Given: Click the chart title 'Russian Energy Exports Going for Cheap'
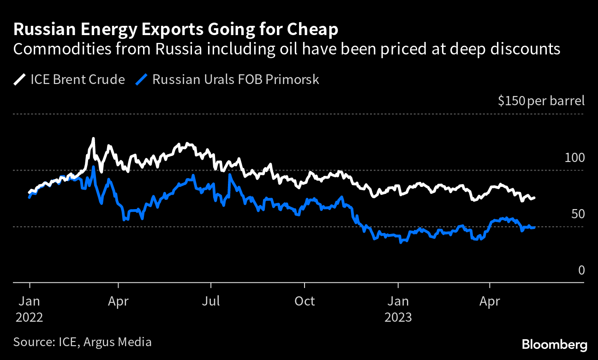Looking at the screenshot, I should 176,30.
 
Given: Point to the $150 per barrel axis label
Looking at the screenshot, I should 541,101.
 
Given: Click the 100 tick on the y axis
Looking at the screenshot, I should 574,158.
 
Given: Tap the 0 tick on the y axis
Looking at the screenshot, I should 581,270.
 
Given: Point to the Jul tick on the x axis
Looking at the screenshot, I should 211,301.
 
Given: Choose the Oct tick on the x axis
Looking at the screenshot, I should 305,301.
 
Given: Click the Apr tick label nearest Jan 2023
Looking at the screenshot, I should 490,301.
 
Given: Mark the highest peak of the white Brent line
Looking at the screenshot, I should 94,138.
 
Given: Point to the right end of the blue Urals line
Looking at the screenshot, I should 534,227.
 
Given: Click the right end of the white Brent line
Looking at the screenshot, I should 534,198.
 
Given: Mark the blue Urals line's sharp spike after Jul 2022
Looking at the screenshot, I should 229,175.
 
